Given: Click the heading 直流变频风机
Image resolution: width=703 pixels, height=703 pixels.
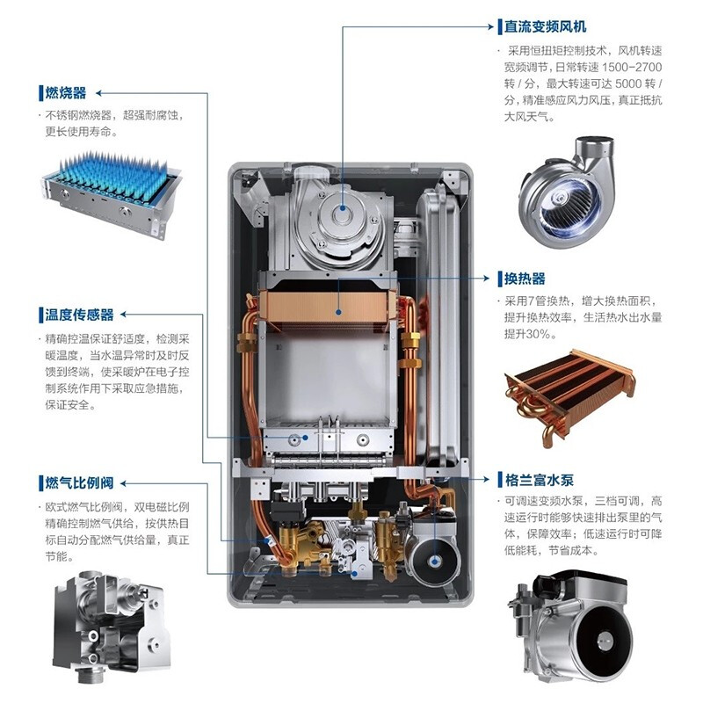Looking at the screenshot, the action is coord(545,26).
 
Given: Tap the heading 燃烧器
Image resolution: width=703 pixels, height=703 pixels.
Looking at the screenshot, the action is coord(65,93).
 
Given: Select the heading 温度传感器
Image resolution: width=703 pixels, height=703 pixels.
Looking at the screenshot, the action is coord(79,315).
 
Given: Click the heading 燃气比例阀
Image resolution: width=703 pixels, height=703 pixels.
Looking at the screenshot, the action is coord(79,482).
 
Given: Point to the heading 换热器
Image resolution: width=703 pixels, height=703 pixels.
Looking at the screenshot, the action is coord(525,279).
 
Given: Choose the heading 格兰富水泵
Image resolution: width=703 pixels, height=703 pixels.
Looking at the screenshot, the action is coord(539,480).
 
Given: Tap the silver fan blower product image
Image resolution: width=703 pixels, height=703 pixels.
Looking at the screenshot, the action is coord(567,192).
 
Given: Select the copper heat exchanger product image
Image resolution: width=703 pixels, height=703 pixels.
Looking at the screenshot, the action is coord(569,397).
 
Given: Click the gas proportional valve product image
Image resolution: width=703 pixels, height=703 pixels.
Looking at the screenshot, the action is coord(112,627).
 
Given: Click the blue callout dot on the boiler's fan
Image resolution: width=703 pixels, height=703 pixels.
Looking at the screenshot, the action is coord(343,207).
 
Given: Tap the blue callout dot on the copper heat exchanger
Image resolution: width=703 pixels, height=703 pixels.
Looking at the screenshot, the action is coord(339,312).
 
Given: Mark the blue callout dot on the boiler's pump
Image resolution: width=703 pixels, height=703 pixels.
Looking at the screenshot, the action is coord(433,561).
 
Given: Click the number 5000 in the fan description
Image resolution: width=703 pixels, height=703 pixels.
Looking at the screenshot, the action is coord(628,83).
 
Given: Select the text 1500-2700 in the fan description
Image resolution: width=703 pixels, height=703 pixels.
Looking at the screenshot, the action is coord(631,68).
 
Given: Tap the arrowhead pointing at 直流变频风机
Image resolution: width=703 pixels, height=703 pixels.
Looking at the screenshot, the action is coord(490,26).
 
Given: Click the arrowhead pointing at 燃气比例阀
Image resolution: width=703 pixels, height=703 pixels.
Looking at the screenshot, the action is coord(124,483).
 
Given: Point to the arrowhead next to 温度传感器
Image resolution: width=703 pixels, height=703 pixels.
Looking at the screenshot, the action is coord(124,315).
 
